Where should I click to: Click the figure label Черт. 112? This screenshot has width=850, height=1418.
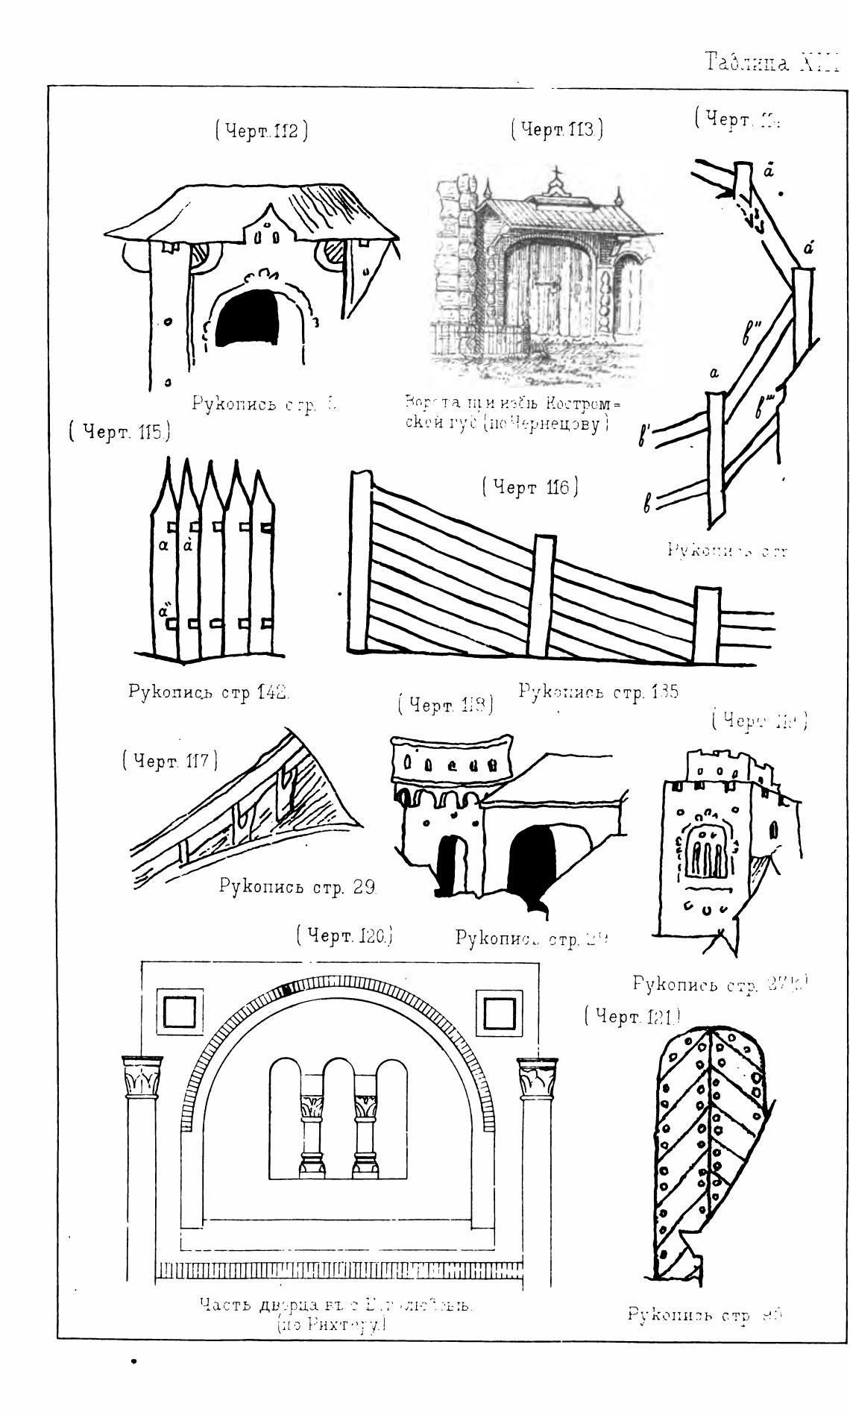(x=262, y=131)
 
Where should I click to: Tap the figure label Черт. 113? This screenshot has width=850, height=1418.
(x=557, y=129)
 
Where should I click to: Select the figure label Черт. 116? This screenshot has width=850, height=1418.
(x=530, y=488)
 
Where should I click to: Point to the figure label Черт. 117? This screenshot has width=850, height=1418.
(x=170, y=761)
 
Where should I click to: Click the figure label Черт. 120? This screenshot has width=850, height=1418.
(x=344, y=935)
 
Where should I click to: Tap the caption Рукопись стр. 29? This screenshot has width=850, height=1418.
(x=297, y=887)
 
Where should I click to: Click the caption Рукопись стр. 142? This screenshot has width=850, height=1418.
(x=209, y=691)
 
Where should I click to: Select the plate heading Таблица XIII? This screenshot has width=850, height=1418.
(x=772, y=63)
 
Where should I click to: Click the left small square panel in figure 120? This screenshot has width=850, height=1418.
(x=179, y=1013)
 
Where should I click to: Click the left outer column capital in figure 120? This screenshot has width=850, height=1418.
(x=142, y=1077)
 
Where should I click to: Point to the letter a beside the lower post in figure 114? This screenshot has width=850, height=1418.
(x=714, y=374)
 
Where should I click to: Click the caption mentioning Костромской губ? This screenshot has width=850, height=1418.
(x=512, y=413)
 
